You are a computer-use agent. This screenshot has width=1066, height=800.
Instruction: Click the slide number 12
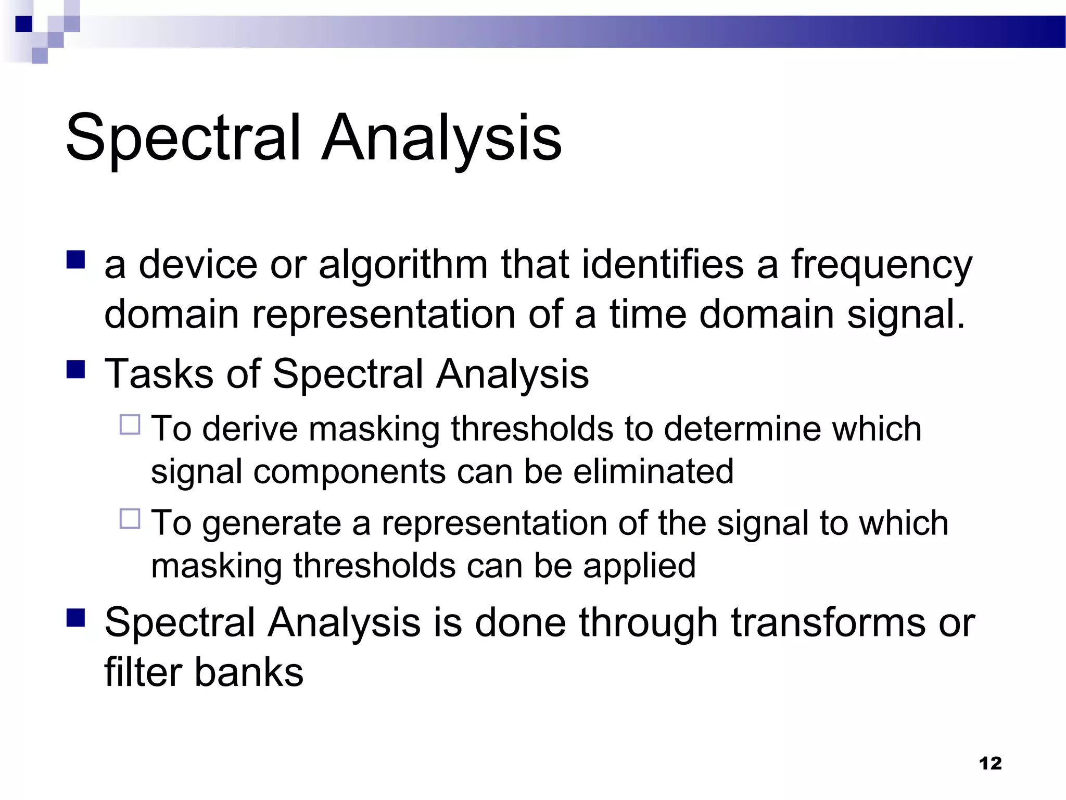point(990,763)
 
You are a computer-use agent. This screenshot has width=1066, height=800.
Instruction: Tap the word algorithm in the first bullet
point(403,265)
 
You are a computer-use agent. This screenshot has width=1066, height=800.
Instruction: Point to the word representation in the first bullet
point(384,315)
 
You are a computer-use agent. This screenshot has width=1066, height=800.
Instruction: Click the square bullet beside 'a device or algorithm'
point(76,259)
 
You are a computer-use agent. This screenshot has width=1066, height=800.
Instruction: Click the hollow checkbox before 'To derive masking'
point(130,424)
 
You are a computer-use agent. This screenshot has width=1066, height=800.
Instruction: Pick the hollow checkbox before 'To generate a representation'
point(130,519)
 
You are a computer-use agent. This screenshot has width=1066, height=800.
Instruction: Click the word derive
point(249,429)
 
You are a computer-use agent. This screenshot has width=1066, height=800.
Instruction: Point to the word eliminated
point(653,471)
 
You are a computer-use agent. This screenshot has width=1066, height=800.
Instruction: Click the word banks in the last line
point(249,672)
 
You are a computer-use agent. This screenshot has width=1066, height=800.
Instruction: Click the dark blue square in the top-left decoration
point(23,24)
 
